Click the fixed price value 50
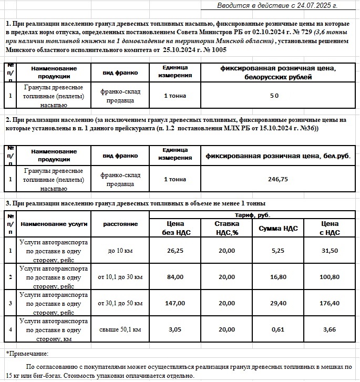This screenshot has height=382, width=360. click(274, 96)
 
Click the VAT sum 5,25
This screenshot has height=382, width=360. click(279, 251)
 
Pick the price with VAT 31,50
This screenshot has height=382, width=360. click(330, 251)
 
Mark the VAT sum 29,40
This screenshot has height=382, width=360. click(279, 303)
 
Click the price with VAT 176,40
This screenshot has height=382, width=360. click(330, 303)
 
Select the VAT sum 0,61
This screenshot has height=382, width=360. click(279, 329)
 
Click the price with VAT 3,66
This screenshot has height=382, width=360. click(330, 329)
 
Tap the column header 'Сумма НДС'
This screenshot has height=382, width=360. click(279, 228)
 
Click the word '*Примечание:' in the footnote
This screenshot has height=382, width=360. click(27, 354)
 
